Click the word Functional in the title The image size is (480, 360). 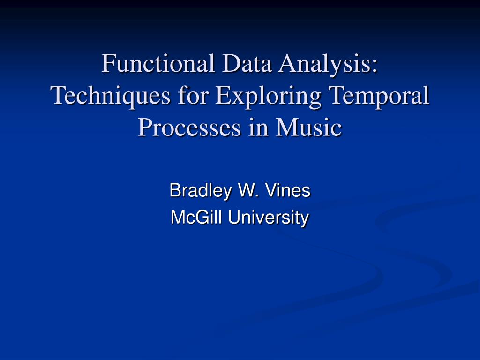[x=158, y=63]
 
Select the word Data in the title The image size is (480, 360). [x=247, y=63]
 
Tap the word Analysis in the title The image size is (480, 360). [x=324, y=64]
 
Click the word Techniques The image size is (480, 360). [x=110, y=96]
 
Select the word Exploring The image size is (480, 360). [x=268, y=96]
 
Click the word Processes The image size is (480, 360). [x=189, y=127]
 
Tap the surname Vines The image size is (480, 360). [x=288, y=190]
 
